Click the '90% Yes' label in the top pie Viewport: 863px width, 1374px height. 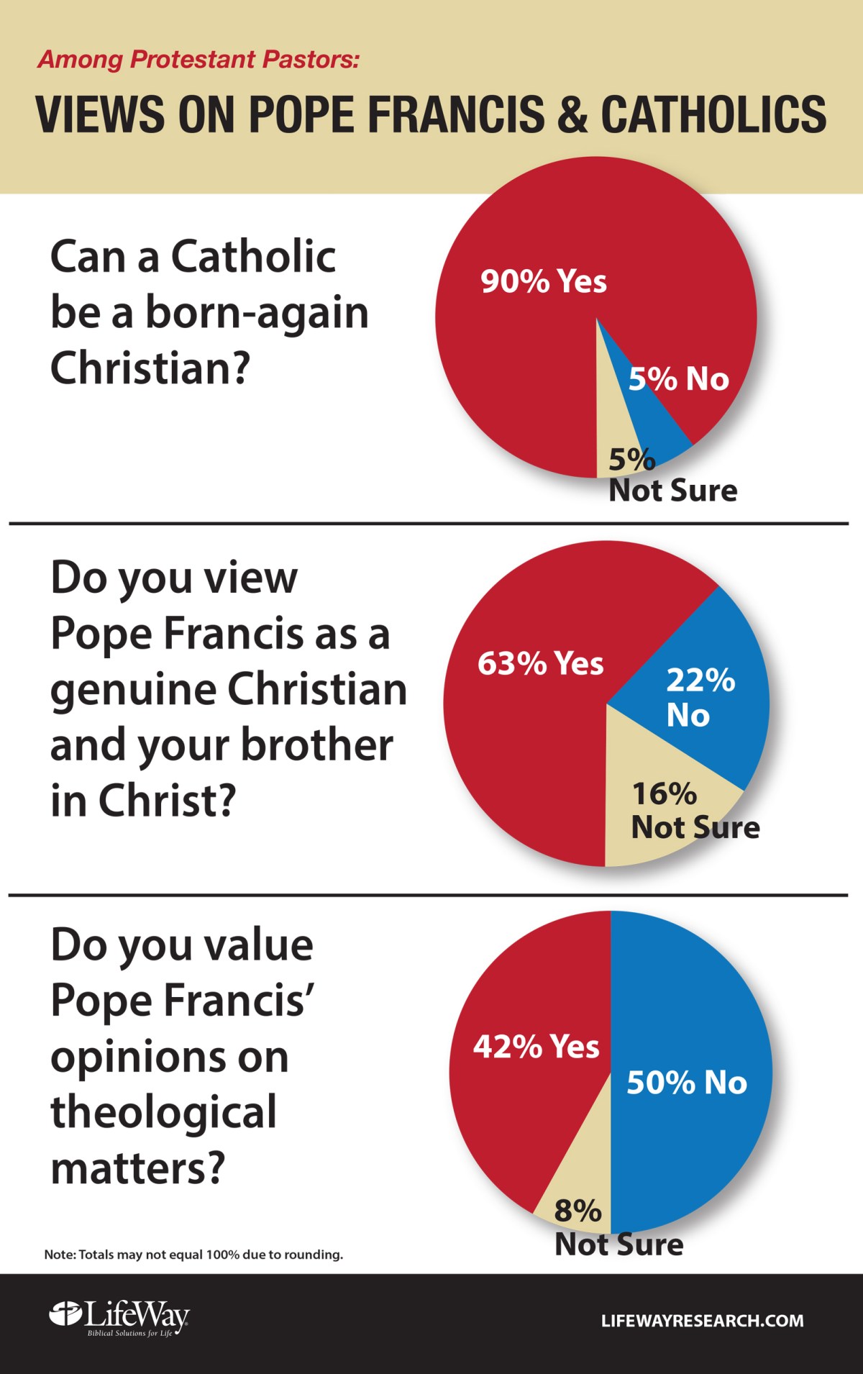544,281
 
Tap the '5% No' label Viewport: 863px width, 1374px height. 678,379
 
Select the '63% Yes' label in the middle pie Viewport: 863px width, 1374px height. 540,663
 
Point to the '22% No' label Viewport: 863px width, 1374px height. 699,697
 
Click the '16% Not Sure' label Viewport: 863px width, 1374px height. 694,811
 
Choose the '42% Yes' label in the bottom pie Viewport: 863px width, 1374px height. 536,1047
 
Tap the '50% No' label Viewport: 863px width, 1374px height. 687,1082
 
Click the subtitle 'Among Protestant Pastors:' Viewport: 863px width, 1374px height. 198,59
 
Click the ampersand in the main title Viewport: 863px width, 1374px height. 572,114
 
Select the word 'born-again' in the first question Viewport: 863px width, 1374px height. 257,313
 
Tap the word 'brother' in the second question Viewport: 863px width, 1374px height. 316,745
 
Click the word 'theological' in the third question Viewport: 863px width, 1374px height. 163,1112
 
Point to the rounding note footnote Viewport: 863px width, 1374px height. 193,1255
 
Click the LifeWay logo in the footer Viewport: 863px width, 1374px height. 119,1319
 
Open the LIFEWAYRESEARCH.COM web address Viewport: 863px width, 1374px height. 702,1321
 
